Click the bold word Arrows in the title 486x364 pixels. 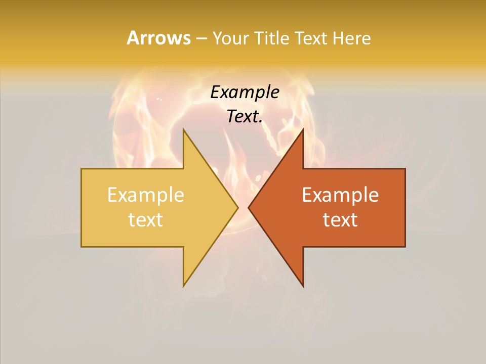click(158, 38)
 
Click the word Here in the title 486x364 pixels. click(351, 38)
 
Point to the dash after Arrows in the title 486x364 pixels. click(201, 38)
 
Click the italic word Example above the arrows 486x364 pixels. click(245, 93)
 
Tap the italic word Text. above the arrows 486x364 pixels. click(245, 117)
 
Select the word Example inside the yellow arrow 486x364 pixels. click(146, 195)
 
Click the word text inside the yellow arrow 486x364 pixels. click(146, 220)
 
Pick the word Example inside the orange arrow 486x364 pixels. click(340, 195)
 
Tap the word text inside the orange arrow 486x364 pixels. click(340, 220)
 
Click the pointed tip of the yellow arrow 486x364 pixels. click(237, 207)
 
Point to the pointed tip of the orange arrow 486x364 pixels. click(249, 207)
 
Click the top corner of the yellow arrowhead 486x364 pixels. click(184, 130)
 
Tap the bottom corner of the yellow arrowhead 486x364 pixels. click(184, 285)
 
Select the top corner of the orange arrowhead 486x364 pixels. click(303, 130)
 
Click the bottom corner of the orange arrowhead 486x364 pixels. click(303, 285)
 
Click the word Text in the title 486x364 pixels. click(310, 38)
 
